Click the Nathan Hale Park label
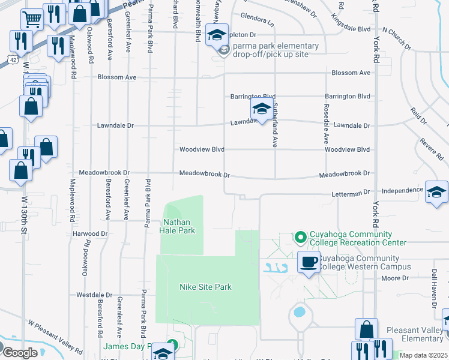[177, 226]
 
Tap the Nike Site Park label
[205, 287]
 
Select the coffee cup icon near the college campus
[309, 262]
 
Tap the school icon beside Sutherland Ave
[261, 109]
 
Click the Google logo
[20, 353]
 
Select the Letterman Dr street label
[351, 194]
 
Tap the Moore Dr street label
[394, 278]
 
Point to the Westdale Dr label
[94, 295]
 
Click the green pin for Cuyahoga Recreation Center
[300, 238]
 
